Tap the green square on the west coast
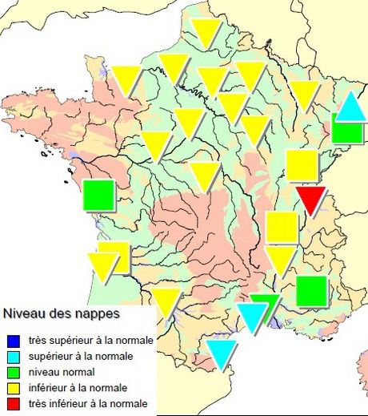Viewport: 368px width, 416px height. click(98, 195)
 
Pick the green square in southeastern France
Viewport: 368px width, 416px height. click(311, 291)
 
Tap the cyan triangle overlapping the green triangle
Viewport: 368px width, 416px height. click(253, 316)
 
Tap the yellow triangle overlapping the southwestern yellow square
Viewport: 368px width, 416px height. click(103, 264)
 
